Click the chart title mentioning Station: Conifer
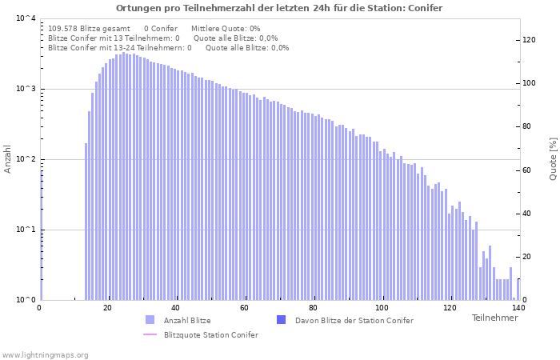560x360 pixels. (279, 8)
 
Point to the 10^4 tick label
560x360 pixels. (26, 18)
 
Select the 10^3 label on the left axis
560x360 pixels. (26, 89)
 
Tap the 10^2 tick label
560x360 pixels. (26, 159)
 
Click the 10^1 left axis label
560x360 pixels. (26, 230)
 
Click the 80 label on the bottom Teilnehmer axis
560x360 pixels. (314, 307)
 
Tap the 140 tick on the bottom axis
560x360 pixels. (518, 307)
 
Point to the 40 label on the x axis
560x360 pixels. (176, 307)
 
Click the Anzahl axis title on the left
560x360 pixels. (7, 159)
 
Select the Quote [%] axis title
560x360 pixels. (553, 159)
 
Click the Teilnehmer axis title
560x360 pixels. (494, 318)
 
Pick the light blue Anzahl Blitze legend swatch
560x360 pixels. (150, 320)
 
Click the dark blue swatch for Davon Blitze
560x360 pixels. (282, 320)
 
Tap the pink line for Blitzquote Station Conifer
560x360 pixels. (150, 334)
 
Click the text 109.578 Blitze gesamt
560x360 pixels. (89, 29)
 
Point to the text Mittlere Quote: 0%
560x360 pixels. (226, 29)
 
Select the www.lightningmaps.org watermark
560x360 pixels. (45, 355)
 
